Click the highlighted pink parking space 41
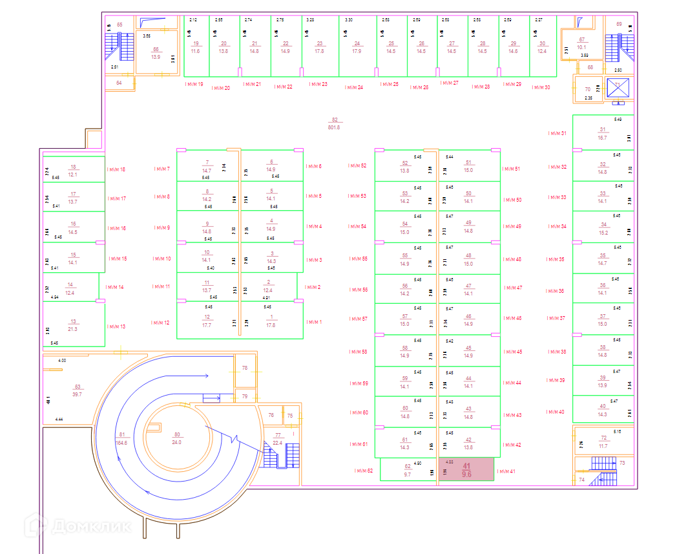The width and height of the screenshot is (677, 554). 466,469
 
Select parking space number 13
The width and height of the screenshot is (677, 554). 74,325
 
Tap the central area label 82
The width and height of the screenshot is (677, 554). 334,123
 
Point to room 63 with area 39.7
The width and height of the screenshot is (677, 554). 77,390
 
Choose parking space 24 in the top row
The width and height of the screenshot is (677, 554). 357,47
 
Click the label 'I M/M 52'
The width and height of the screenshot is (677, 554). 357,166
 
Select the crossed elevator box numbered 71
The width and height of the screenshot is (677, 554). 618,87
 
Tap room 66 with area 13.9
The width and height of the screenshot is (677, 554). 156,53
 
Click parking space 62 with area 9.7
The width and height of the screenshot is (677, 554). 407,470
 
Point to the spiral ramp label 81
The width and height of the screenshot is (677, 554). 121,439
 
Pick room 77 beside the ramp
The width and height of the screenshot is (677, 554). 278,439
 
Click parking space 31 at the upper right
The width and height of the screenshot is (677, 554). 603,133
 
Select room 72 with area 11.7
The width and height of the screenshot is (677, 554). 603,442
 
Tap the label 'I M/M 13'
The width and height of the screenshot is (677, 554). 116,326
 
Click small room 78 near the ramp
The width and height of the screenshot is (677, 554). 245,368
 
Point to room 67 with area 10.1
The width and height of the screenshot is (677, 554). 581,43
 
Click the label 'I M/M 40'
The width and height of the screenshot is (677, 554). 555,412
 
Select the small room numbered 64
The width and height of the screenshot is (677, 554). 119,83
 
